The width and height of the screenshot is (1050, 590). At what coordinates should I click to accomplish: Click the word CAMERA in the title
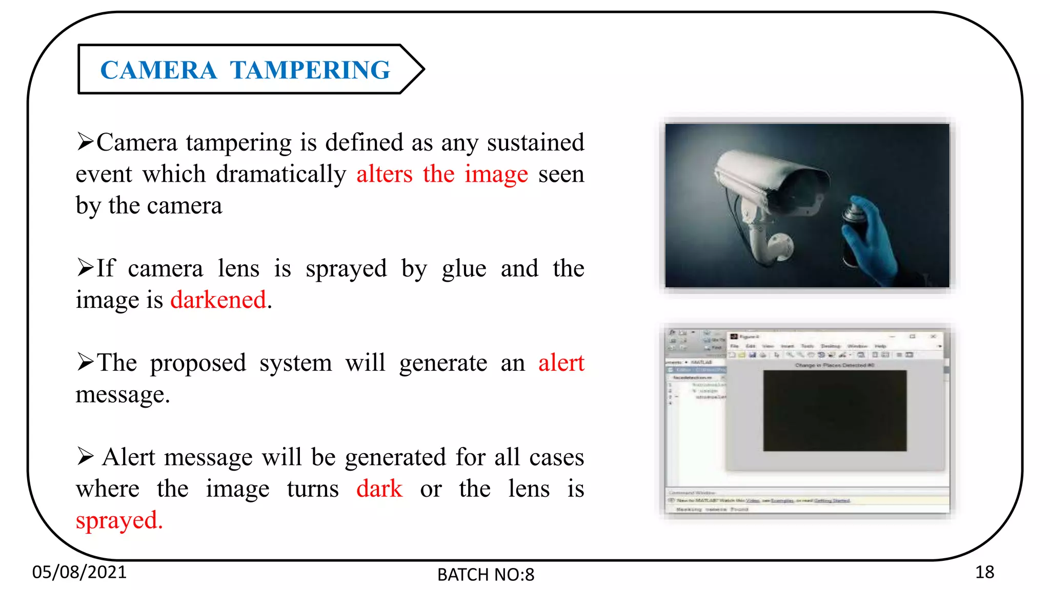[158, 70]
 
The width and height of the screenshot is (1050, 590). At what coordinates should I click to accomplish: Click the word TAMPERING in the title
[310, 70]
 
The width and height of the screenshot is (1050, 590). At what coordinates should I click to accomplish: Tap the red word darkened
[218, 300]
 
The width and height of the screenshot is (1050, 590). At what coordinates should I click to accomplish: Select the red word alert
[561, 363]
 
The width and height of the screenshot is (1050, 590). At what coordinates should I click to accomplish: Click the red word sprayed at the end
[119, 521]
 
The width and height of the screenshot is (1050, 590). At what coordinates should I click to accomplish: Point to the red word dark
[379, 489]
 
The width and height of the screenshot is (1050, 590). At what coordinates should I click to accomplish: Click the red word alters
[385, 175]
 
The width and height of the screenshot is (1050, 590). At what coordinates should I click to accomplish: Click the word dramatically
[281, 175]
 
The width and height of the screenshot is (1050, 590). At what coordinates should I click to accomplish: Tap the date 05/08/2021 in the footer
[79, 572]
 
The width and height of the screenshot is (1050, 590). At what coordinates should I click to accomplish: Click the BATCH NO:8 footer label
[486, 575]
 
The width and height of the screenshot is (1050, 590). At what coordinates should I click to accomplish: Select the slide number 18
[984, 572]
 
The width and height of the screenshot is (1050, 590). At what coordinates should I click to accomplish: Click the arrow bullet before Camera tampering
[85, 141]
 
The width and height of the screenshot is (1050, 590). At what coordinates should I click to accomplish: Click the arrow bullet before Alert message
[85, 456]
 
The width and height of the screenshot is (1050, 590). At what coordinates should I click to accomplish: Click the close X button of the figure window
[933, 336]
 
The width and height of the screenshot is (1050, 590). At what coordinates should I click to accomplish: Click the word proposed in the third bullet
[198, 363]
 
